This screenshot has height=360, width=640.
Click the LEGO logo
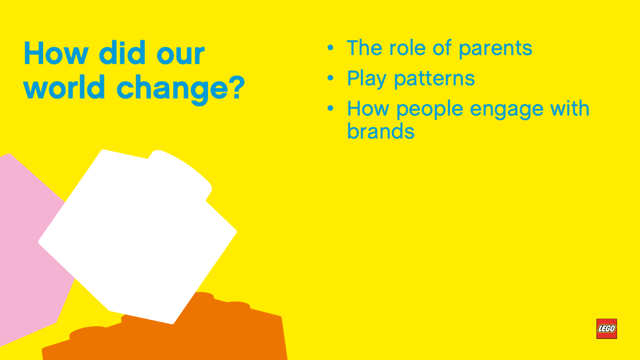click(607, 329)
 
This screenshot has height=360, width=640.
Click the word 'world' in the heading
click(64, 87)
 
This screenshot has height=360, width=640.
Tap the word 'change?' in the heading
click(181, 90)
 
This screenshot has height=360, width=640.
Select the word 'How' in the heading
click(56, 53)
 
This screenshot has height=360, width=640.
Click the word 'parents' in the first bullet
click(495, 49)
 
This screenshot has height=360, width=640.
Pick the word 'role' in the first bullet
click(407, 47)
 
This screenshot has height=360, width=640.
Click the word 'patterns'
click(434, 79)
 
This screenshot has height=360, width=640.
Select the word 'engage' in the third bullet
click(506, 110)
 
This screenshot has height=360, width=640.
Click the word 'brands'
click(381, 131)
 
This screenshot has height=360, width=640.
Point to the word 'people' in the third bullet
click(430, 110)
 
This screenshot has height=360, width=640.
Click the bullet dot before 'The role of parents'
click(330, 47)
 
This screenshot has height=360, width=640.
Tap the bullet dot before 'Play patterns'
click(330, 78)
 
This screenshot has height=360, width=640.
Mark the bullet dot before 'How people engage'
click(330, 108)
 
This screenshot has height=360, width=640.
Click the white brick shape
click(137, 237)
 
